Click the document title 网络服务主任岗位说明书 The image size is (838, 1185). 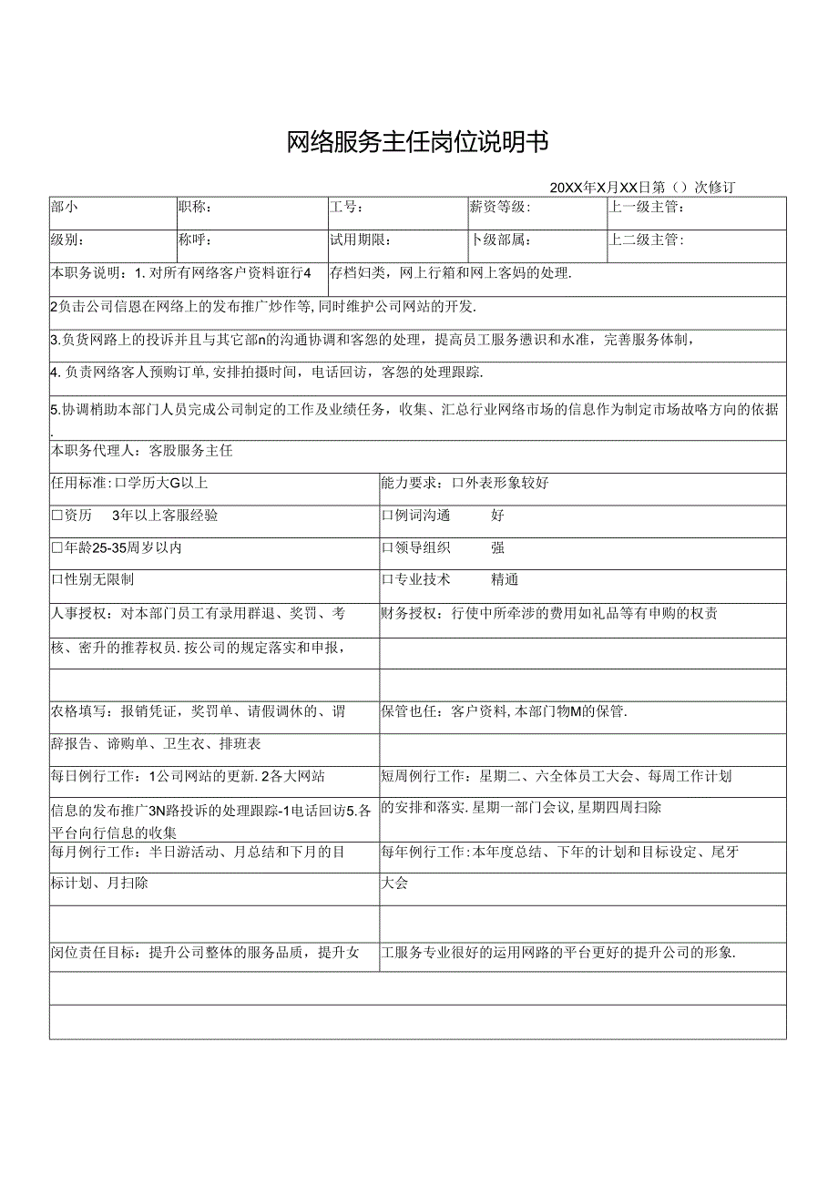(x=418, y=142)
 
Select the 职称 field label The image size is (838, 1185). (x=195, y=208)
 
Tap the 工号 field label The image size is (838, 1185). (x=347, y=208)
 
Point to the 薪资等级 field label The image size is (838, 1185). (x=499, y=208)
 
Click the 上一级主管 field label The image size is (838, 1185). (x=647, y=208)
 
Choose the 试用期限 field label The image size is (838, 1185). (x=361, y=240)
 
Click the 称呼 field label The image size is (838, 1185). (x=195, y=240)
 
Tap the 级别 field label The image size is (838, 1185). (x=68, y=240)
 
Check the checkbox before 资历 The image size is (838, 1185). (x=56, y=516)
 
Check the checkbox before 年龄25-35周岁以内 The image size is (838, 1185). (x=56, y=548)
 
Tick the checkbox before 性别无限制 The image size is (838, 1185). (x=56, y=579)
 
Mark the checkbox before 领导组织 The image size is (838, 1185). (x=387, y=548)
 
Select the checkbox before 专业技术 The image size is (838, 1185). (x=387, y=579)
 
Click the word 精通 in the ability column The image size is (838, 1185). (x=505, y=579)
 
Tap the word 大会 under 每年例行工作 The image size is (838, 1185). (x=394, y=884)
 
